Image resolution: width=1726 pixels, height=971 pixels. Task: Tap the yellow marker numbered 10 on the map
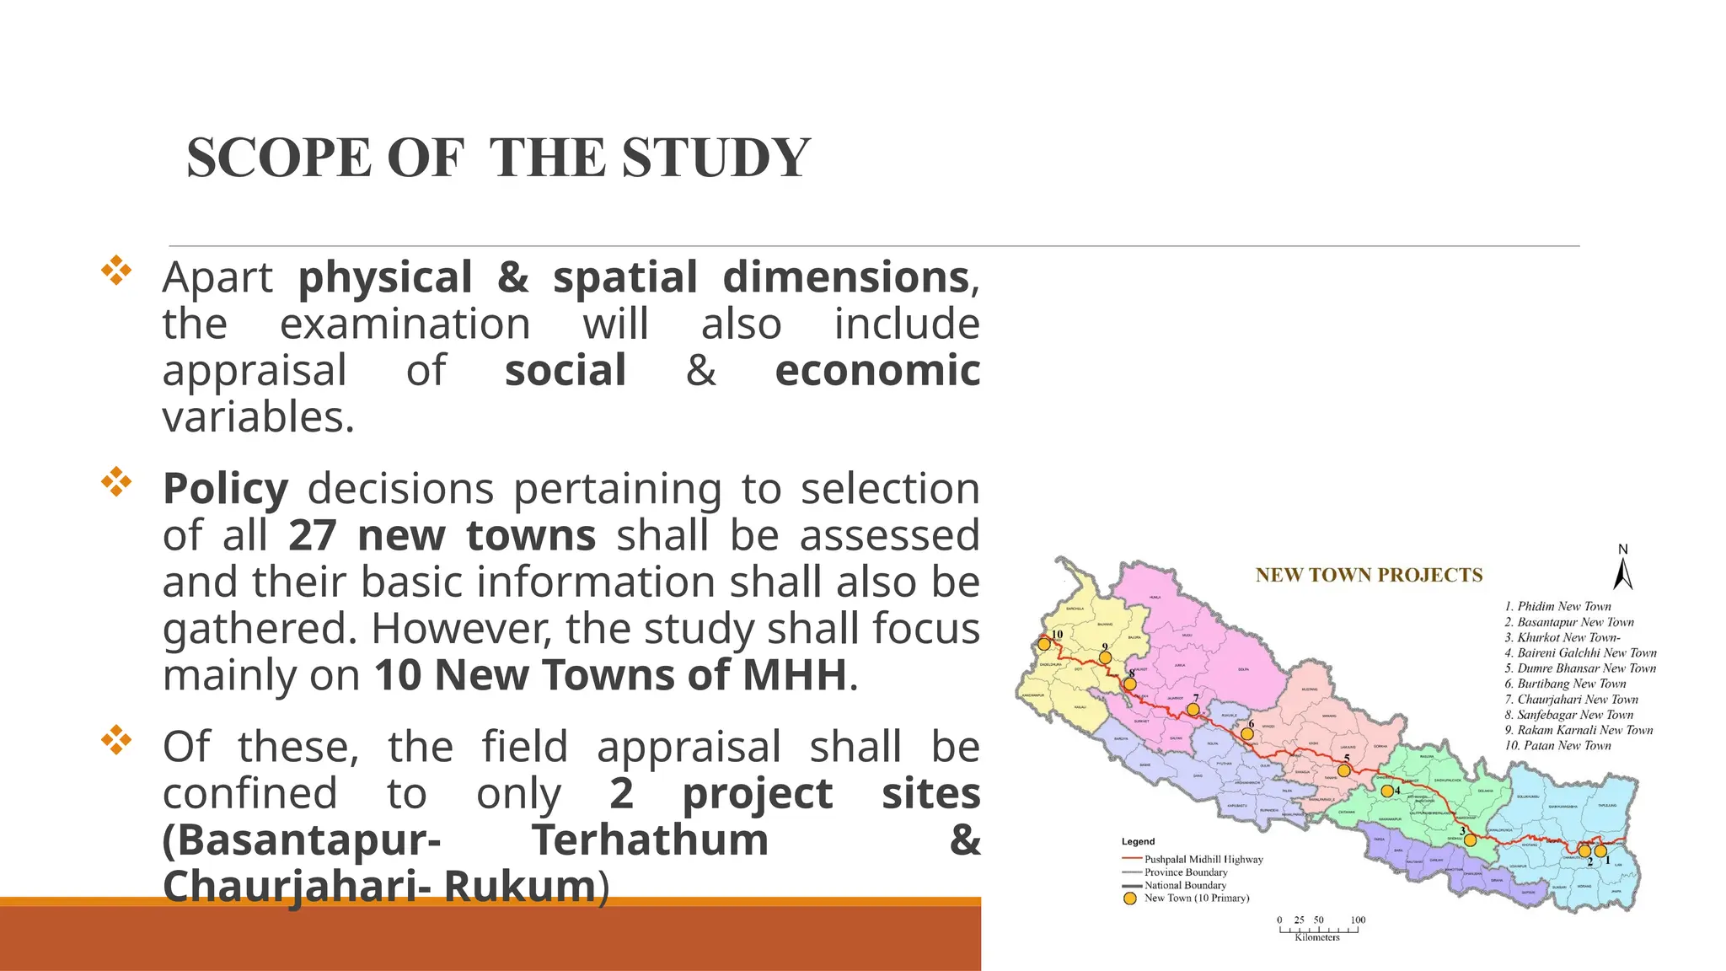click(x=1044, y=644)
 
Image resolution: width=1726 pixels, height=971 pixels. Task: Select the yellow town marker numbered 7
click(x=1193, y=710)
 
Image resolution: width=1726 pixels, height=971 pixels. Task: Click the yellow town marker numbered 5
click(x=1343, y=770)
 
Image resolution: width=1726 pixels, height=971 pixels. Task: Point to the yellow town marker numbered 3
click(x=1470, y=840)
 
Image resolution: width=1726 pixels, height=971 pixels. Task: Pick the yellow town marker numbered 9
click(x=1105, y=657)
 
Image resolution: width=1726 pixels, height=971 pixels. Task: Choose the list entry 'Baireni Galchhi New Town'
click(x=1580, y=653)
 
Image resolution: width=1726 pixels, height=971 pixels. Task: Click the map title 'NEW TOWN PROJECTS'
click(x=1369, y=576)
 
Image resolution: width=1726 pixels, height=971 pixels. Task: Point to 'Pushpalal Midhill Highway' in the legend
click(x=1203, y=860)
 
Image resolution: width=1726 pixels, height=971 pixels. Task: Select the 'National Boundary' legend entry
click(x=1185, y=886)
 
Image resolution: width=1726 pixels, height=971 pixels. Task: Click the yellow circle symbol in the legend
click(x=1130, y=899)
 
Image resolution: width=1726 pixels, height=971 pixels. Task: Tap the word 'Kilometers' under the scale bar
click(x=1317, y=937)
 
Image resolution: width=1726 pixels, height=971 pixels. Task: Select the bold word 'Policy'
click(x=225, y=489)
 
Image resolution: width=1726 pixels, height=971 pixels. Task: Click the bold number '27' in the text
click(x=313, y=535)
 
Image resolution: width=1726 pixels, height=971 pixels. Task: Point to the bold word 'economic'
click(x=876, y=371)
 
